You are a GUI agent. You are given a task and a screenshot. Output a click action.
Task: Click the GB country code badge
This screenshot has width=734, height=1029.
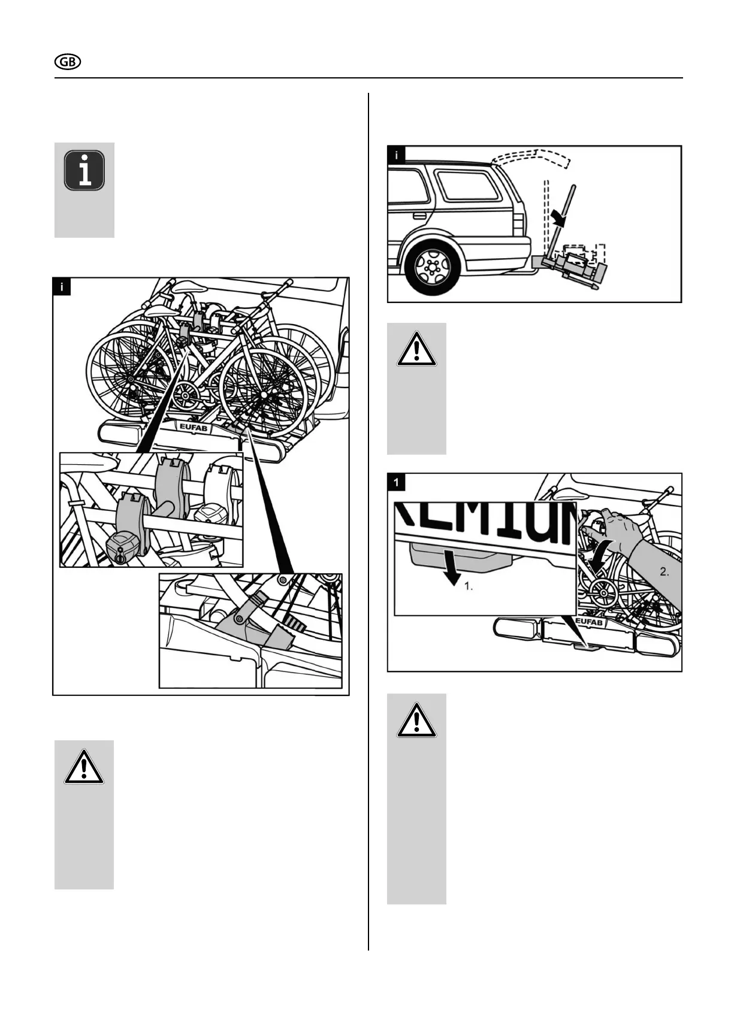coord(68,62)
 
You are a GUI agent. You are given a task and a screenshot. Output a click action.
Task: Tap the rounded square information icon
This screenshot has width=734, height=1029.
coord(84,171)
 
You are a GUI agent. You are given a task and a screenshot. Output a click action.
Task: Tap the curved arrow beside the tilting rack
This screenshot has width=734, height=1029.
coord(558,216)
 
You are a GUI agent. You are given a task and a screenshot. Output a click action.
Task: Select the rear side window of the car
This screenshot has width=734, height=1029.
coord(467,185)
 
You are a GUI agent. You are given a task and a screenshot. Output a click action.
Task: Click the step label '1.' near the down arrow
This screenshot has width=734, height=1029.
coord(469,586)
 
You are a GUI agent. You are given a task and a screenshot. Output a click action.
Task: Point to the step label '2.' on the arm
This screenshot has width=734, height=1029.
coord(664,571)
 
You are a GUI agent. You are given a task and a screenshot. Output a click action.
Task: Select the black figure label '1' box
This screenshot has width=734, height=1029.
coord(397,482)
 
